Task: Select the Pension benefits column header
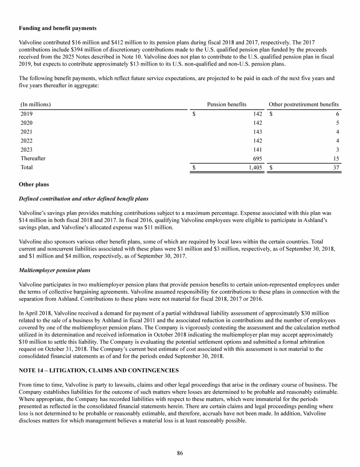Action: click(x=226, y=104)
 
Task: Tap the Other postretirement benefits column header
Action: click(x=303, y=104)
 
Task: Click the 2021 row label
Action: click(x=27, y=131)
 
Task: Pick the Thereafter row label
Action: click(x=33, y=158)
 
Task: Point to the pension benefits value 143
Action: click(x=257, y=131)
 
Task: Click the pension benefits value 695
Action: click(x=257, y=158)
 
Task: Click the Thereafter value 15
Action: click(x=336, y=158)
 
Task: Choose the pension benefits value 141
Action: click(x=257, y=149)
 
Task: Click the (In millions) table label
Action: click(x=36, y=104)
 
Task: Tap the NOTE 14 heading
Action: click(x=98, y=371)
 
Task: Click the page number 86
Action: click(x=180, y=452)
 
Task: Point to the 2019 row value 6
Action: click(x=337, y=113)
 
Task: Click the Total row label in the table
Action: click(x=27, y=167)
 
